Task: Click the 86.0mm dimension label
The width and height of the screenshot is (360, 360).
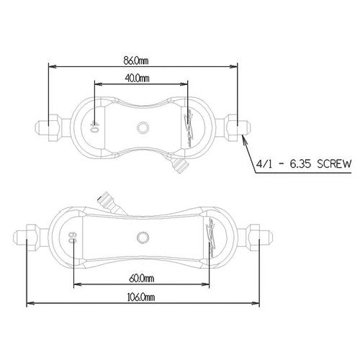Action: coord(136,60)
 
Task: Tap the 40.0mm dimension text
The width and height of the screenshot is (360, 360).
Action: coord(137,78)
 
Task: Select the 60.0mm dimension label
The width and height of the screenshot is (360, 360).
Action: coord(142,279)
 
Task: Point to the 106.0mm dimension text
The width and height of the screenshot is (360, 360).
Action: coord(141,297)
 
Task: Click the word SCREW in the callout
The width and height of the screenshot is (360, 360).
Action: coord(334,164)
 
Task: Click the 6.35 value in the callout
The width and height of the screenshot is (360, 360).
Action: coord(300,164)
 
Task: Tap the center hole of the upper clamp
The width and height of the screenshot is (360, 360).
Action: coord(143,127)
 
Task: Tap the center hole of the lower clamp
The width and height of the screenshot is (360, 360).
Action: coord(143,238)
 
